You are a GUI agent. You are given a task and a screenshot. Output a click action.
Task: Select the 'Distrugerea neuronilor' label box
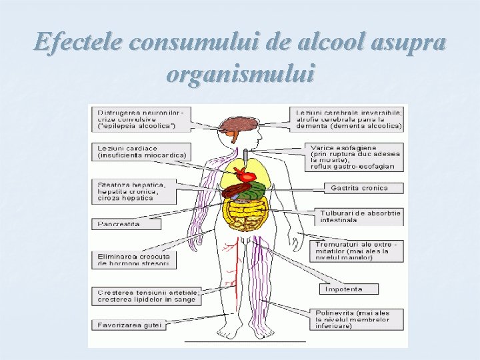pos(141,118)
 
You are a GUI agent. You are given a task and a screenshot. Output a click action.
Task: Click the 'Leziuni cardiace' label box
pos(141,151)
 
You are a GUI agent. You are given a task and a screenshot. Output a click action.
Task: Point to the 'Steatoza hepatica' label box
pos(134,191)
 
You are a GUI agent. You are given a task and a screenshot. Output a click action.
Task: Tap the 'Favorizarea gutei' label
pos(128,325)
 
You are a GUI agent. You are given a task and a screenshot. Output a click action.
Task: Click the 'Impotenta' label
pos(349,289)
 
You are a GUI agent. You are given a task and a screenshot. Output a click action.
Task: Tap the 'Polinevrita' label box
pos(359,319)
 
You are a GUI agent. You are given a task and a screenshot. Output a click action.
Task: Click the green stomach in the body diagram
pos(254,191)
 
